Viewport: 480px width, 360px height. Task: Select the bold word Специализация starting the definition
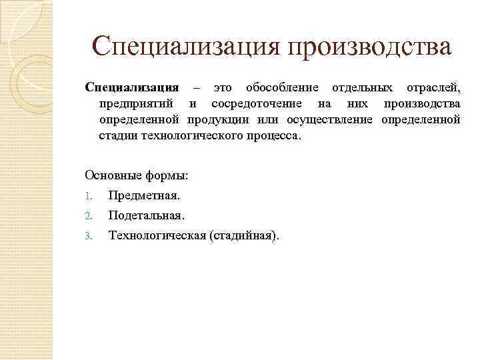click(x=132, y=88)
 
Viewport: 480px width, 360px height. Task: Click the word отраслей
click(x=433, y=88)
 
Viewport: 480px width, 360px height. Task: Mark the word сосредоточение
click(x=256, y=104)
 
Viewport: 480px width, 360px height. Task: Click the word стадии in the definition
click(x=118, y=136)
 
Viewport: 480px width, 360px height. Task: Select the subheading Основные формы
click(x=137, y=175)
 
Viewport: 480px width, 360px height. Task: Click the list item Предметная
click(x=144, y=196)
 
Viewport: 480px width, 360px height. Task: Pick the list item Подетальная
click(x=147, y=216)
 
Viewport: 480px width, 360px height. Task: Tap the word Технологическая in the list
click(x=157, y=235)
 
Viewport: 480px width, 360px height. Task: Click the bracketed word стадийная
click(x=244, y=235)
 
